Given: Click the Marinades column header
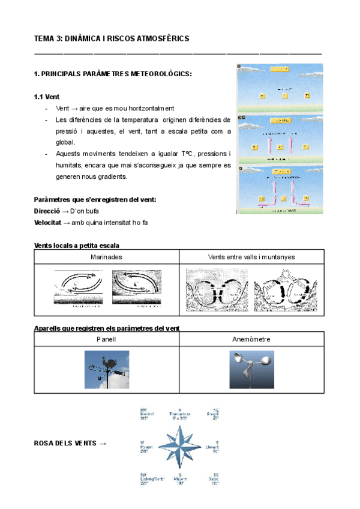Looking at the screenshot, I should (106, 257).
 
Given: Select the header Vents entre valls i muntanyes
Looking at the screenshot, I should (251, 257).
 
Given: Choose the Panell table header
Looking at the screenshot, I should (106, 339).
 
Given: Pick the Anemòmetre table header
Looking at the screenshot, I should (251, 339).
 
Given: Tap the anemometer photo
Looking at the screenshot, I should (251, 370).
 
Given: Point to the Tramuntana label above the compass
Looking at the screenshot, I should (181, 414).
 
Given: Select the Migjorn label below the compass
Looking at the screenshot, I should (181, 478).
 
